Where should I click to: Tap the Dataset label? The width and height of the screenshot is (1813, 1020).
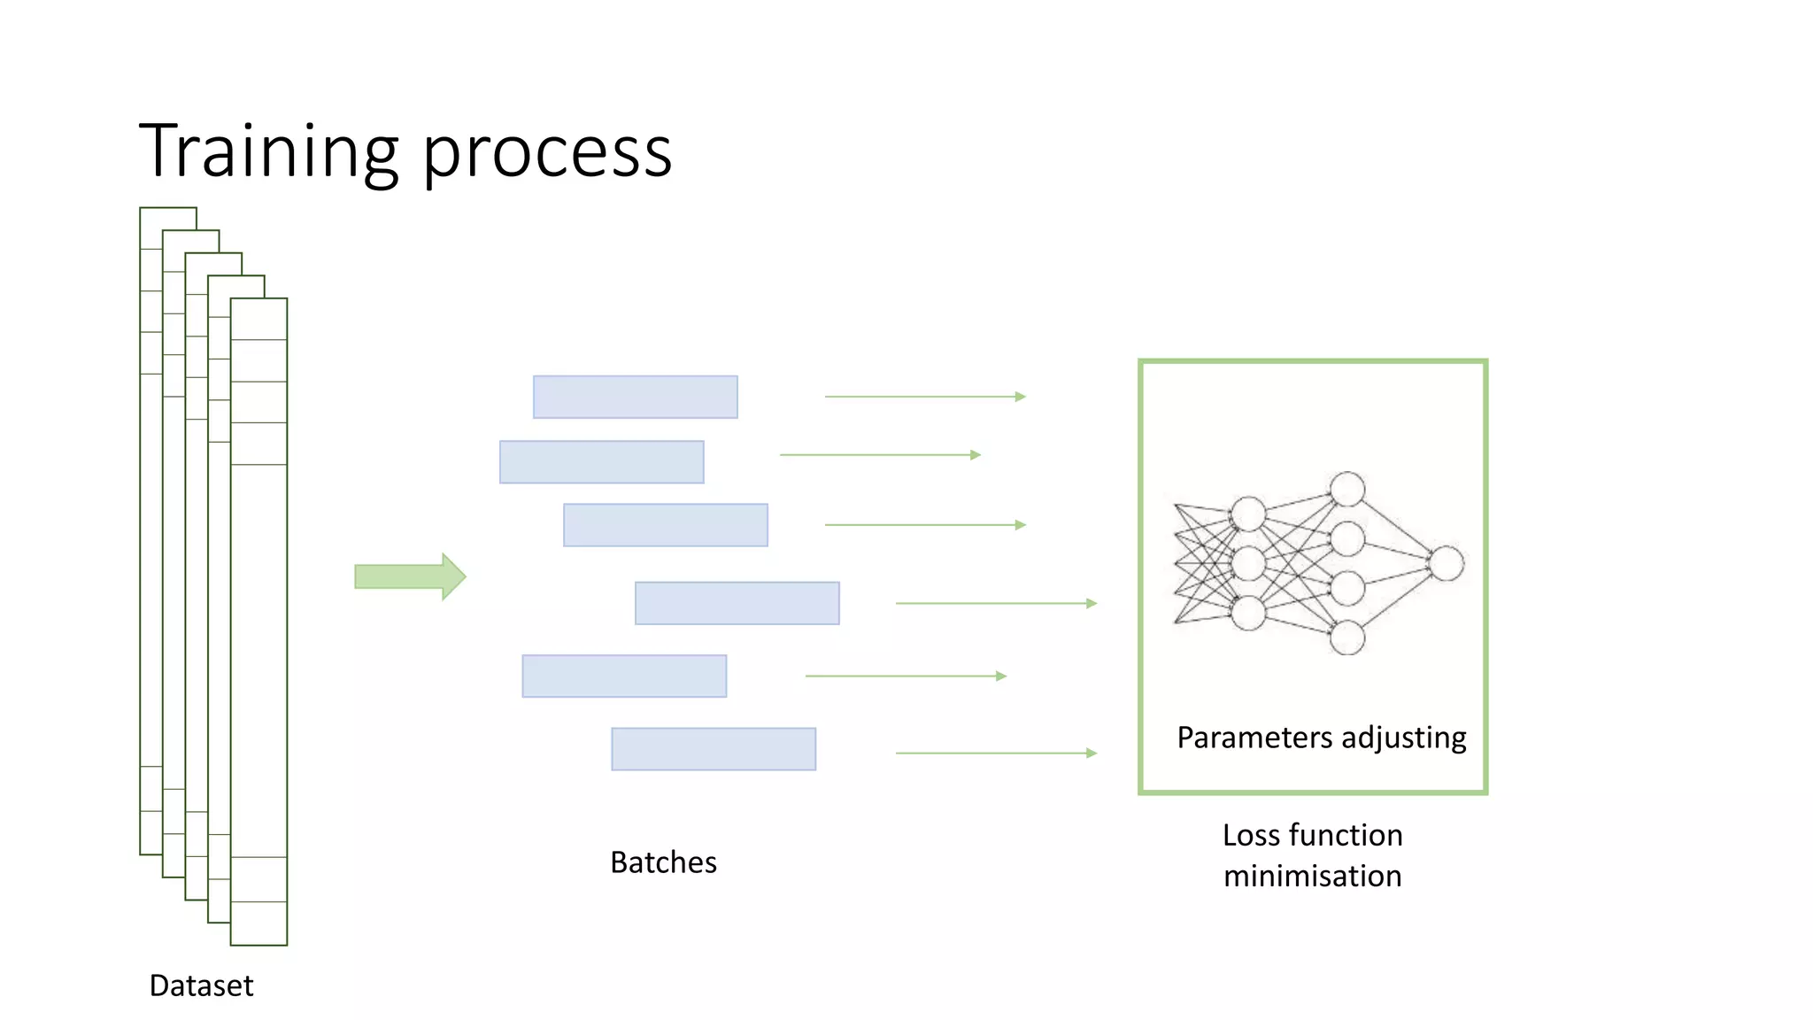201,985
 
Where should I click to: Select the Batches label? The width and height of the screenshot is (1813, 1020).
663,862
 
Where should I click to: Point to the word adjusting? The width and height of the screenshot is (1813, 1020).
1403,738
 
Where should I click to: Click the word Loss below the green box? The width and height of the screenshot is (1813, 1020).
1252,835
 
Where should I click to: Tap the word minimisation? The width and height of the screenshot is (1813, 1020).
1312,876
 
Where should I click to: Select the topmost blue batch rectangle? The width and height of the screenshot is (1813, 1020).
635,397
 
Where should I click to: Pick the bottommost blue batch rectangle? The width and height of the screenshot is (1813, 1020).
713,749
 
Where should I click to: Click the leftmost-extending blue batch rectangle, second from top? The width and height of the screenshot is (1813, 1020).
601,461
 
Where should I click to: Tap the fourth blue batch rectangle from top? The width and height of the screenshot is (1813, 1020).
737,603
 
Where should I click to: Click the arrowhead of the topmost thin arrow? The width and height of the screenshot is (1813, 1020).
1021,397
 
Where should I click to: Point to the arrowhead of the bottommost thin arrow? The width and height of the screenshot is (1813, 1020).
1092,753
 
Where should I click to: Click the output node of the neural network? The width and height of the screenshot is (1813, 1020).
1447,563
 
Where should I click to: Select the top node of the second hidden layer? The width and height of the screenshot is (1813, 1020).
1347,489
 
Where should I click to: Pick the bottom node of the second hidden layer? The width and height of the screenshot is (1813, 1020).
1347,637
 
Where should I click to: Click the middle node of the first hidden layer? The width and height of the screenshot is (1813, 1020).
1248,563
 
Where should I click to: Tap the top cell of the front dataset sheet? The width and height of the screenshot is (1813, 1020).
258,320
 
